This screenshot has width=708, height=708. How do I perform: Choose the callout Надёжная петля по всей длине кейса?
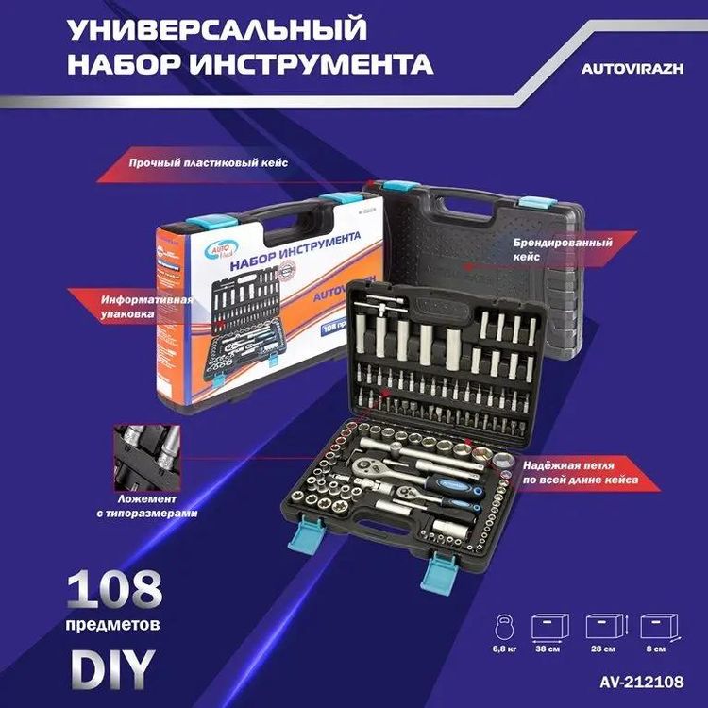tap(578, 473)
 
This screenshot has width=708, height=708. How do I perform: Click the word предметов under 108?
tap(112, 625)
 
